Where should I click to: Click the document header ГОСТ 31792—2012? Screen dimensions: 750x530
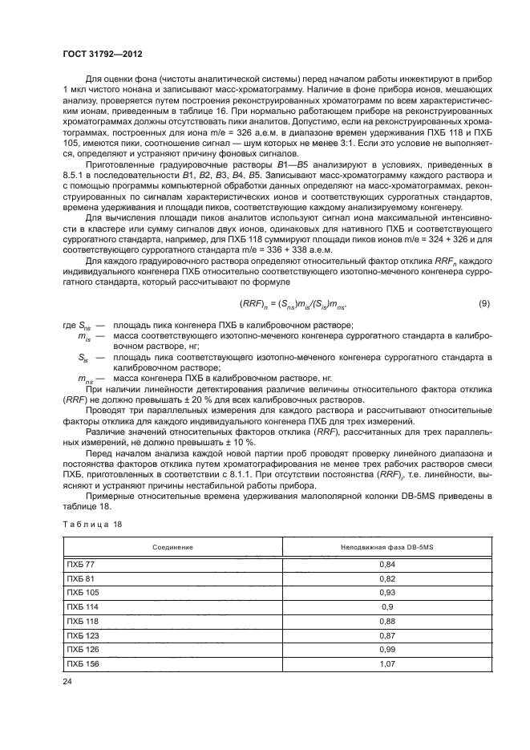[x=103, y=55]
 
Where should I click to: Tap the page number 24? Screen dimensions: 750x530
[x=67, y=682]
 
